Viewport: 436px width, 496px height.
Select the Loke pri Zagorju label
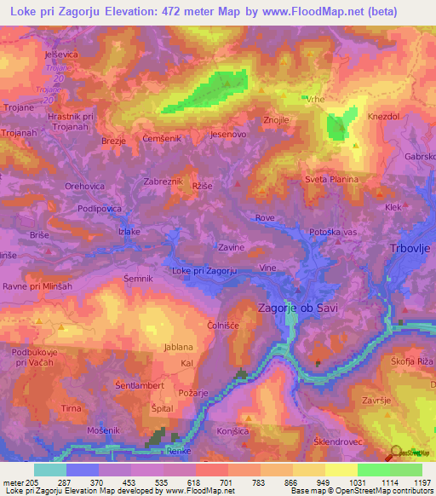click(204, 271)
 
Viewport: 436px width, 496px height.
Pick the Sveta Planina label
click(332, 180)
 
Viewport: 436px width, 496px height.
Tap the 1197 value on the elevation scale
click(412, 482)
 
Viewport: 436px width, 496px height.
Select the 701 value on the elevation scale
click(202, 482)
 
